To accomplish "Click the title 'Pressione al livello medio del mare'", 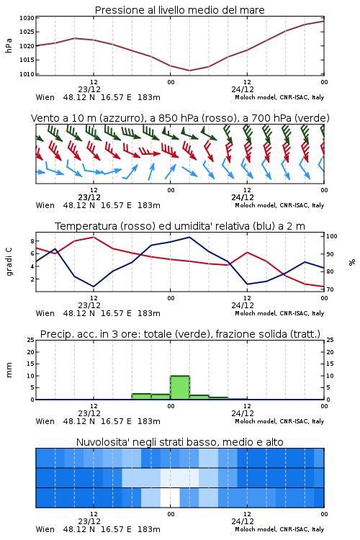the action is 179,10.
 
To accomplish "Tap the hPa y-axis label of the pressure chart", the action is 9,45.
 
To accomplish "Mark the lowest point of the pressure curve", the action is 189,71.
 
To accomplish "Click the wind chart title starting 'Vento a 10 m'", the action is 180,118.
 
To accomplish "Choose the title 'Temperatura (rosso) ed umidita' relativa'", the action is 180,226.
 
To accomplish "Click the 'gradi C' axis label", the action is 9,262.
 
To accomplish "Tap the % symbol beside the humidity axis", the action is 352,262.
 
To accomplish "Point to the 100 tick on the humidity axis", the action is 331,236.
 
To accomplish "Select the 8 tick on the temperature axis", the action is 32,240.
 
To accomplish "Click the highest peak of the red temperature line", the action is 94,237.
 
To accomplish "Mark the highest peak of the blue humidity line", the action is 189,237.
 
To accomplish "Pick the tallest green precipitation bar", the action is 180,387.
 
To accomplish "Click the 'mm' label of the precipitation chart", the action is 9,370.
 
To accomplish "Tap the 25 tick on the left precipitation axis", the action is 31,340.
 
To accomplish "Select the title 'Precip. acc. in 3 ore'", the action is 180,334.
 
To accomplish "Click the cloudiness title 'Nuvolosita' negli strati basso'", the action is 179,442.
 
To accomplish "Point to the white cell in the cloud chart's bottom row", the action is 170,498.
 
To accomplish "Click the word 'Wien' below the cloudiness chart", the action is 45,529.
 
